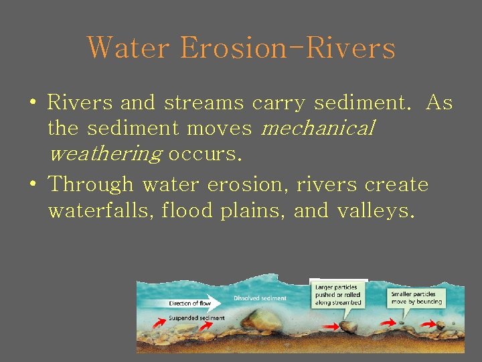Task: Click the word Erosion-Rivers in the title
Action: (x=288, y=48)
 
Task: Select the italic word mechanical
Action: (x=317, y=128)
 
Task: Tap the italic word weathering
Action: (x=105, y=154)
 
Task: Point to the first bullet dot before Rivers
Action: (x=32, y=104)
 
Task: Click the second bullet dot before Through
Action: (x=32, y=184)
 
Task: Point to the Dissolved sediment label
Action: (x=260, y=298)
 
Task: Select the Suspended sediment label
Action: (x=195, y=317)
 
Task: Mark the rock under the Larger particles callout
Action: (x=347, y=327)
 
